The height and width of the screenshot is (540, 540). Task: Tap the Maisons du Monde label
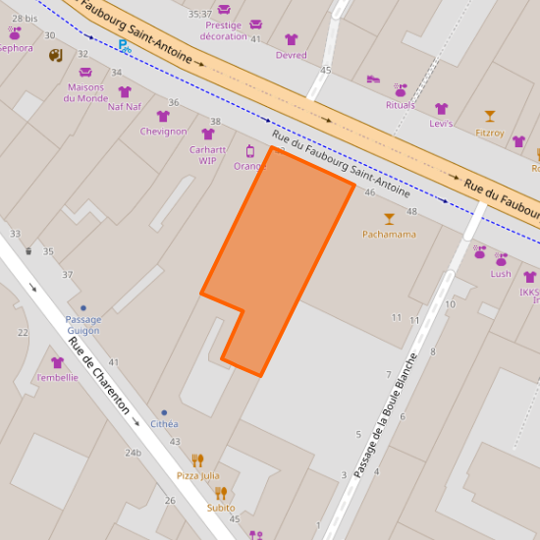pyautogui.click(x=85, y=92)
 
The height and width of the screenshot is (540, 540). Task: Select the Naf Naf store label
pyautogui.click(x=125, y=107)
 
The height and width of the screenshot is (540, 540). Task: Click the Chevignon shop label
pyautogui.click(x=163, y=132)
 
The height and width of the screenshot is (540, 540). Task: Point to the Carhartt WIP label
pyautogui.click(x=208, y=155)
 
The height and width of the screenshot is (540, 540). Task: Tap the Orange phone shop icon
pyautogui.click(x=250, y=151)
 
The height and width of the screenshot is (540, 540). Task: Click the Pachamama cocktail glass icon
pyautogui.click(x=389, y=218)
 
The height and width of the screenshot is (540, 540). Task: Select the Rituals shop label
pyautogui.click(x=401, y=105)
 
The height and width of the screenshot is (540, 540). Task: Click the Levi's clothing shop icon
pyautogui.click(x=441, y=109)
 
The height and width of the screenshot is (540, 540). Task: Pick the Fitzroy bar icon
pyautogui.click(x=490, y=116)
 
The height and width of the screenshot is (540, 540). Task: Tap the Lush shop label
pyautogui.click(x=502, y=274)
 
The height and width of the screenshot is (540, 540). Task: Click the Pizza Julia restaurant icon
pyautogui.click(x=197, y=459)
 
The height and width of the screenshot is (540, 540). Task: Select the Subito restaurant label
pyautogui.click(x=221, y=508)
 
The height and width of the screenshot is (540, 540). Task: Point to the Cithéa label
pyautogui.click(x=164, y=424)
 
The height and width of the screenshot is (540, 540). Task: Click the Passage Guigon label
pyautogui.click(x=83, y=325)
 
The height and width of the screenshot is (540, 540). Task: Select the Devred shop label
pyautogui.click(x=292, y=55)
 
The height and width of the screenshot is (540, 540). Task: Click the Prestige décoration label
pyautogui.click(x=224, y=30)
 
